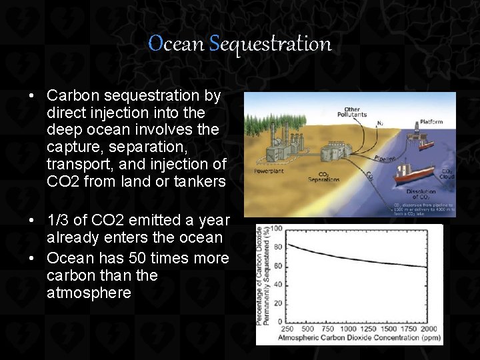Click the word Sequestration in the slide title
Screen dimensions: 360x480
270,45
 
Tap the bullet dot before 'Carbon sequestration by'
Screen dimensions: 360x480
31,96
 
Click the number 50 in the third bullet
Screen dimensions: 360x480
135,258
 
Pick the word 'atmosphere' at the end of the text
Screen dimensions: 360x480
89,293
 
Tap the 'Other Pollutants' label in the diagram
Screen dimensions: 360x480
355,111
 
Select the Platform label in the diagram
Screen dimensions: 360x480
431,123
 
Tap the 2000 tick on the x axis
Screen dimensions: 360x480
429,329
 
